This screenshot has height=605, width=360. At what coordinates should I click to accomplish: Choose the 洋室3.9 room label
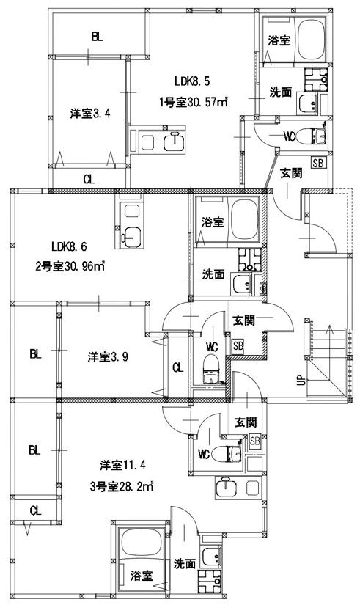pyautogui.click(x=109, y=357)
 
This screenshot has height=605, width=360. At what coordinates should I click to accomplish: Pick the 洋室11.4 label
pyautogui.click(x=124, y=466)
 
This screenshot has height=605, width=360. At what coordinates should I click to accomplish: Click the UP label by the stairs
pyautogui.click(x=299, y=382)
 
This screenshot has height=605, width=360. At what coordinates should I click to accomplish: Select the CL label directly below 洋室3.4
pyautogui.click(x=87, y=178)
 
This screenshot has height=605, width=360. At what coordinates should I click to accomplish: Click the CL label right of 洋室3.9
pyautogui.click(x=176, y=367)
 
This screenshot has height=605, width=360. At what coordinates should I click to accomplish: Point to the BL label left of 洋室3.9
pyautogui.click(x=34, y=354)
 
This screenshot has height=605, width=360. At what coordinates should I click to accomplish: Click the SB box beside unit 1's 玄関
pyautogui.click(x=318, y=163)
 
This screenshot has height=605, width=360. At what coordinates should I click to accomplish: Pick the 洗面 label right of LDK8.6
pyautogui.click(x=213, y=275)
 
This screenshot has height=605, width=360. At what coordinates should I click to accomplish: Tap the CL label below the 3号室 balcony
pyautogui.click(x=34, y=510)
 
